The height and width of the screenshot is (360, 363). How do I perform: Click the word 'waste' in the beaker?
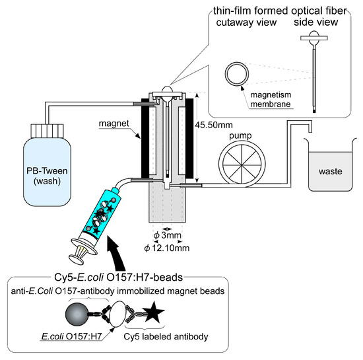point(331,172)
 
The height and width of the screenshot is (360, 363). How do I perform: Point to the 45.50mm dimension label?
point(214,125)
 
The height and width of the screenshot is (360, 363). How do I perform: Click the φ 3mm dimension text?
point(167,235)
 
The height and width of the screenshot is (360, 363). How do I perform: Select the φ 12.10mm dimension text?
point(167,248)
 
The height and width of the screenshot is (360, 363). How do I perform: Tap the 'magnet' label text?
point(114,124)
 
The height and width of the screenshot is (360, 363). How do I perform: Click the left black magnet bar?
point(145,139)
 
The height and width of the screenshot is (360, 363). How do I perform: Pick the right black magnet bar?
point(189,139)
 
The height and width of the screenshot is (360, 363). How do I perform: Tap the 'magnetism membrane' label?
point(271,100)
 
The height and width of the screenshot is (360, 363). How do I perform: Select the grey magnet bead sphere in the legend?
point(77,314)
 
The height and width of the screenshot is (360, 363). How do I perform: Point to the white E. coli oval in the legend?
point(118,314)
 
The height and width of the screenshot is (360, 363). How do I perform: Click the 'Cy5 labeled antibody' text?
point(166,337)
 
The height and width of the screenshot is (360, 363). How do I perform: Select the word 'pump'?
point(240,136)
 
